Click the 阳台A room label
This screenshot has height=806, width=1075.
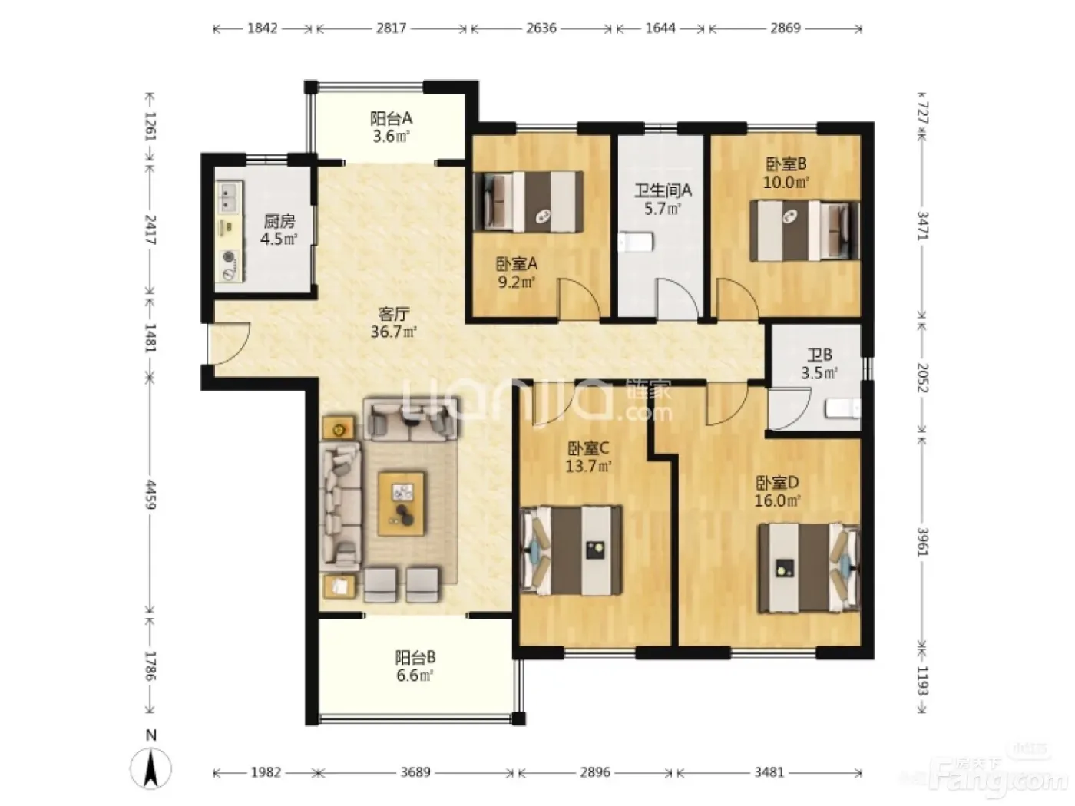(391, 118)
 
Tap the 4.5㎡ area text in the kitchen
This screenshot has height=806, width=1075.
(279, 239)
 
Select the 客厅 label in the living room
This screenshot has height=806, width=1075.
(394, 313)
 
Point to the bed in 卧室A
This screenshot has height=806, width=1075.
(529, 201)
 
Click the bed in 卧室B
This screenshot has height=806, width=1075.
(805, 230)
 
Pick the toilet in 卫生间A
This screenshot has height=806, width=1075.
(635, 243)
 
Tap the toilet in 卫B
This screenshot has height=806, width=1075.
(843, 408)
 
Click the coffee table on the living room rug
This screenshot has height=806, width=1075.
(402, 504)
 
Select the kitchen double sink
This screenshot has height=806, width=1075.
(229, 197)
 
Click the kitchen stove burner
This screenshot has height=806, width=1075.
(229, 266)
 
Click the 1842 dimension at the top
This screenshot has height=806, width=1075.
(262, 28)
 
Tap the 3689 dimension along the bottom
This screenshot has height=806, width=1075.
(415, 772)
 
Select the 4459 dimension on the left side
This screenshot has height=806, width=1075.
(150, 494)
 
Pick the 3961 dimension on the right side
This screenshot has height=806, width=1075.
(922, 542)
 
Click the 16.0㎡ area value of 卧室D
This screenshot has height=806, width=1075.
(777, 500)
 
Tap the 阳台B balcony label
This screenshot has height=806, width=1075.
(415, 657)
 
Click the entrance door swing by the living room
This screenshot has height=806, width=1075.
(229, 344)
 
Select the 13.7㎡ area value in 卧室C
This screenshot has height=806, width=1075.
(588, 466)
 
